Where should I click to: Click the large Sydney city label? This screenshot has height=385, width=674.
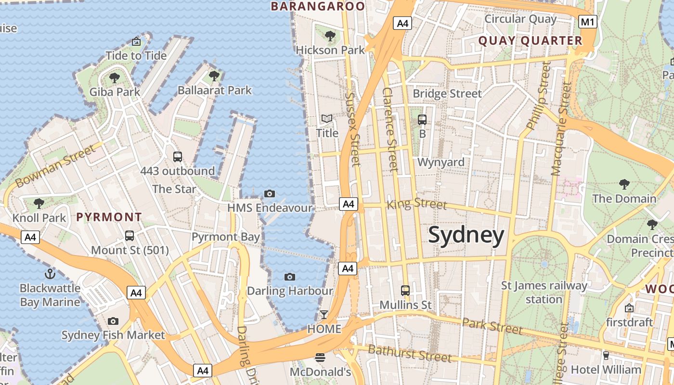coord(466,235)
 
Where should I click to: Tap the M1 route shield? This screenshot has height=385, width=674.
coord(588,22)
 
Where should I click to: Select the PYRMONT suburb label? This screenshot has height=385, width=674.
coord(109,217)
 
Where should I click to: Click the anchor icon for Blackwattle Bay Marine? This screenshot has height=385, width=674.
coord(50,274)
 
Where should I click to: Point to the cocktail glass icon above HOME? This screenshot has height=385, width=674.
coord(324,315)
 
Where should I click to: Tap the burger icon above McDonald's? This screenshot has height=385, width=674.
coord(320,357)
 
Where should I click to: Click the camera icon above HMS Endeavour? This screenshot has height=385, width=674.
coord(270,193)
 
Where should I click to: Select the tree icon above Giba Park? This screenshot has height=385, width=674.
coord(115,77)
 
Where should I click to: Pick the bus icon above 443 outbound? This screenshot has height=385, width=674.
coord(178,156)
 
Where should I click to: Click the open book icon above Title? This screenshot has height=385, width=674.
coord(327,118)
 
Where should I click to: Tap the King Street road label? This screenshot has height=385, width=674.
coord(417,204)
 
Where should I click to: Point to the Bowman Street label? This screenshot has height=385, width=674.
coord(55,167)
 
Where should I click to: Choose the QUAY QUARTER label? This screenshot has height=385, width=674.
coord(530,41)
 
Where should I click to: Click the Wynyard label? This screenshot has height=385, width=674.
coord(441,162)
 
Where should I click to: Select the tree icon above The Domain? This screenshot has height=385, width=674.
coord(624,184)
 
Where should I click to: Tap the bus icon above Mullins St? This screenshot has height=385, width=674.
coord(405,290)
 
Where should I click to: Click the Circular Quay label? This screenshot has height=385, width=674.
coord(520,19)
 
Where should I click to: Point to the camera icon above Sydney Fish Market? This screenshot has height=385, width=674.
coord(113,321)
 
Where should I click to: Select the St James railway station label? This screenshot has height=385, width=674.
coord(544,292)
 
